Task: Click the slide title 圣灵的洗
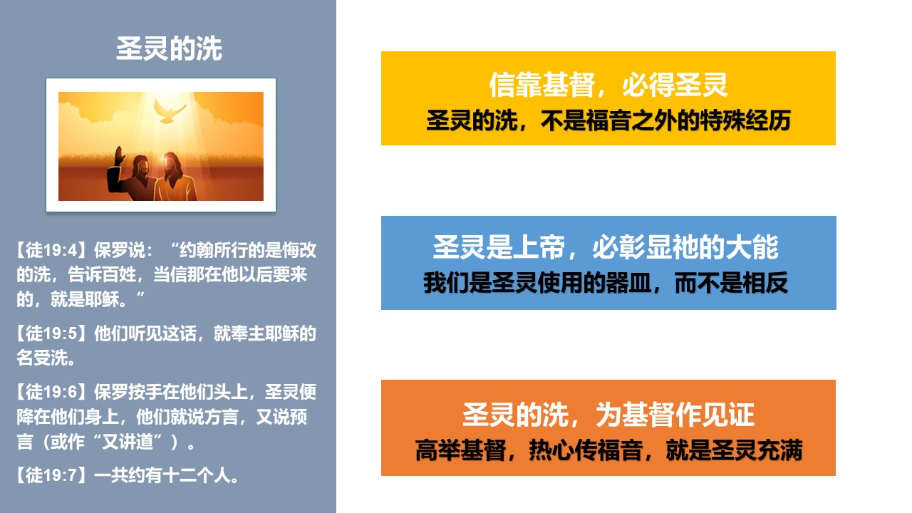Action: [169, 49]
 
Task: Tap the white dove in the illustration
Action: [170, 112]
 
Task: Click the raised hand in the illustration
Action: [119, 156]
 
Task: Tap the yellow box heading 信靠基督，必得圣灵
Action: [608, 85]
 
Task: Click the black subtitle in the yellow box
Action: [608, 120]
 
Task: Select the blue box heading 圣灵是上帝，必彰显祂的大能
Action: [606, 247]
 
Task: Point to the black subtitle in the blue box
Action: [606, 283]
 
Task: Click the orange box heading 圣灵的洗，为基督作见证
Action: [608, 415]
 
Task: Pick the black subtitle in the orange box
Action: [608, 450]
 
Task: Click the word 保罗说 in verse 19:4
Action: [119, 250]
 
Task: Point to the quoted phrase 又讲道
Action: [128, 442]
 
